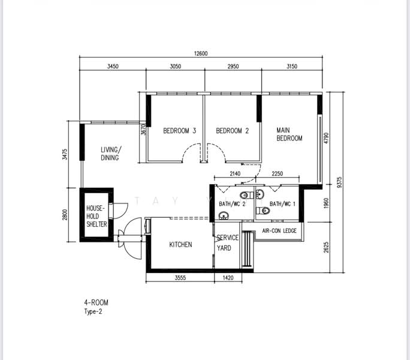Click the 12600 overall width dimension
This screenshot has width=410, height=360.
tap(201, 53)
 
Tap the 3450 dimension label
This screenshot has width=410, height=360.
tap(113, 67)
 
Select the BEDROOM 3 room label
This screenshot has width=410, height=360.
tap(180, 131)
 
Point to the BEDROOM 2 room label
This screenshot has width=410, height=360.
tap(233, 131)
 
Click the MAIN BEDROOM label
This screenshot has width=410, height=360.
tap(290, 134)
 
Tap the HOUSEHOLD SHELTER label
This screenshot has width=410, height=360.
tap(97, 216)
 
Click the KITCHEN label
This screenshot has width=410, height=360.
tap(180, 245)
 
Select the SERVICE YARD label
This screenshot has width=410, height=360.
tap(227, 243)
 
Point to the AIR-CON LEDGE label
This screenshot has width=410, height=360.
tap(279, 230)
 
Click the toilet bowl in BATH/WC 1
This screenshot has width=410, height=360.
tap(263, 210)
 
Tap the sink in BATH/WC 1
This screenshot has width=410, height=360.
tap(260, 194)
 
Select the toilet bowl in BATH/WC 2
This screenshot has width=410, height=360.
tap(246, 195)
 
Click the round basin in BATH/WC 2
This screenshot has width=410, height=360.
tap(224, 216)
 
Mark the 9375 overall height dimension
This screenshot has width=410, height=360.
tap(339, 182)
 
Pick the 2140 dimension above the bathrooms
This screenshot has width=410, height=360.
tap(235, 173)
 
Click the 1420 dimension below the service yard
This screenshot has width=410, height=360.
tap(228, 278)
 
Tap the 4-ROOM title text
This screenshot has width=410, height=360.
tap(97, 302)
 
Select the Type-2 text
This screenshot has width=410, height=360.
tap(93, 311)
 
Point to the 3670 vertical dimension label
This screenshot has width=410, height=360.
tap(143, 130)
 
